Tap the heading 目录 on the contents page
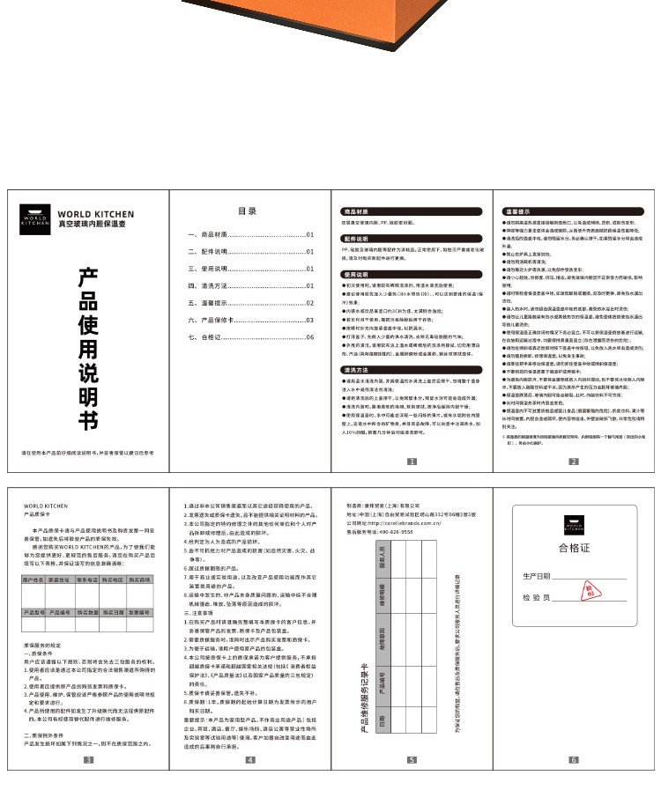[x=248, y=211]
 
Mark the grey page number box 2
[x=573, y=461]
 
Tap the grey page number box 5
[x=411, y=759]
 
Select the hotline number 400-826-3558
[x=384, y=533]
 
